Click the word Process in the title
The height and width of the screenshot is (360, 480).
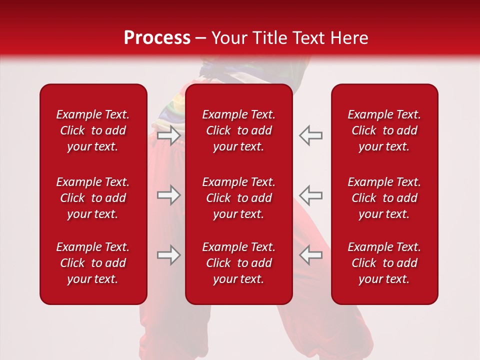pyautogui.click(x=157, y=38)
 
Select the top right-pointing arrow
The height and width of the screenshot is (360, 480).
pyautogui.click(x=168, y=135)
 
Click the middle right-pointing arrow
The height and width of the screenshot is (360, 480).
pyautogui.click(x=168, y=195)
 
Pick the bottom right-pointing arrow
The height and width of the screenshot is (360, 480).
pyautogui.click(x=168, y=255)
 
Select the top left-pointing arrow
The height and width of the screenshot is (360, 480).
pyautogui.click(x=311, y=135)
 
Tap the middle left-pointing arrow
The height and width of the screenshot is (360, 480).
pyautogui.click(x=311, y=195)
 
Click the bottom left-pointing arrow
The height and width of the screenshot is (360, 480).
pyautogui.click(x=311, y=255)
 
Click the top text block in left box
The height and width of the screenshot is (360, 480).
pyautogui.click(x=93, y=130)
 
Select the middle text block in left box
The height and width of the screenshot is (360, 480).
pyautogui.click(x=93, y=198)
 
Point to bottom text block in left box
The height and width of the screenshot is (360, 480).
pyautogui.click(x=93, y=263)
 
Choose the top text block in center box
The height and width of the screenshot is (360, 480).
pyautogui.click(x=238, y=130)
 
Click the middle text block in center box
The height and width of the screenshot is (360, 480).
pyautogui.click(x=238, y=198)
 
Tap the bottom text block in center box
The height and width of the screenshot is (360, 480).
pyautogui.click(x=238, y=263)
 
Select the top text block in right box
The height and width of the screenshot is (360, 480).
pyautogui.click(x=384, y=130)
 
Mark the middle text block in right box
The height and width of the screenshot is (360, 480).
pyautogui.click(x=384, y=198)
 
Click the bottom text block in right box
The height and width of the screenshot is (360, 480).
pyautogui.click(x=384, y=263)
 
